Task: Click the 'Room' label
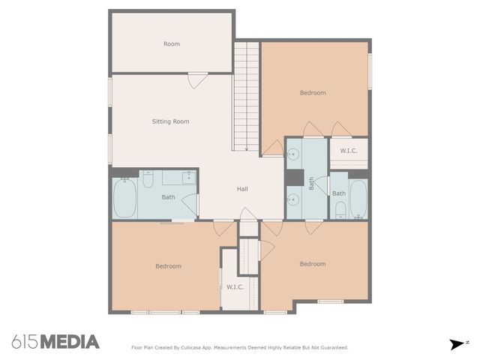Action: (x=172, y=44)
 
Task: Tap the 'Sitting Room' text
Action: (x=170, y=121)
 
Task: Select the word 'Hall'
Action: (x=242, y=189)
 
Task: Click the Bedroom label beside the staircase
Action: (x=313, y=93)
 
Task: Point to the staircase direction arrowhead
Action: (x=246, y=148)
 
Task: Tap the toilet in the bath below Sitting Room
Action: (x=148, y=180)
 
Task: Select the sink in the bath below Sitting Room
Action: (x=189, y=178)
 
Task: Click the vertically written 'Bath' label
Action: (x=312, y=184)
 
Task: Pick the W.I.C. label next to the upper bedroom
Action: (x=349, y=151)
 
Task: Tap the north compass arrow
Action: (x=457, y=344)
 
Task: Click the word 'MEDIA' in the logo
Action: (x=69, y=342)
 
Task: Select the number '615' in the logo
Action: (x=25, y=342)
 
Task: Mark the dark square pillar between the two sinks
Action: (x=294, y=178)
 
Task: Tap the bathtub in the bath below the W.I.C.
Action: (x=358, y=197)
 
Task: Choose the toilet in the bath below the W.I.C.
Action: (x=340, y=208)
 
